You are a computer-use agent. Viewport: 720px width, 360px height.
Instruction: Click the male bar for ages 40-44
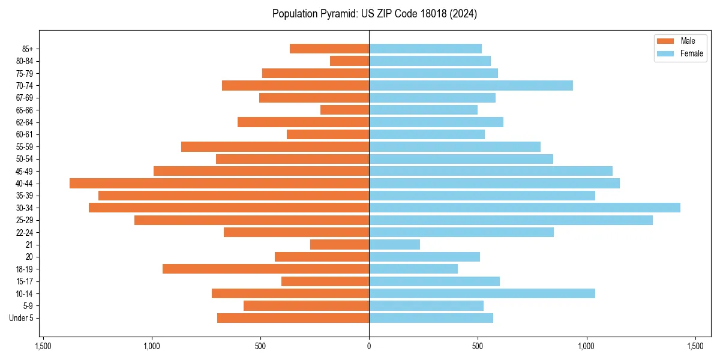click(219, 184)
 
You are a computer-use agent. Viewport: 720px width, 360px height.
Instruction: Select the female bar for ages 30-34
click(524, 208)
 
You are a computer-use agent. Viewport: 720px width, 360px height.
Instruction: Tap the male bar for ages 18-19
click(266, 269)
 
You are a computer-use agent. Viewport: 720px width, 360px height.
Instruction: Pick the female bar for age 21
click(394, 244)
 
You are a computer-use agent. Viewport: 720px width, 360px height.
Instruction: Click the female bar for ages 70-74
click(471, 85)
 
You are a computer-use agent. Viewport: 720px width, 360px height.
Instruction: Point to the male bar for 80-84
click(349, 61)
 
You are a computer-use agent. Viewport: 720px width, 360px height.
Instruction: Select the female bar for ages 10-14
click(482, 293)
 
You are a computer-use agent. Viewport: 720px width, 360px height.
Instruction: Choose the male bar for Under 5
click(293, 318)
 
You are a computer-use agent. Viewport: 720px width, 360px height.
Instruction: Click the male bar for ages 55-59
click(275, 146)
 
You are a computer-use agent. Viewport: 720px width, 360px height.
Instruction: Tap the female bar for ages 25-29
click(511, 220)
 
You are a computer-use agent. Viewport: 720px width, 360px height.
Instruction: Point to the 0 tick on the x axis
click(369, 347)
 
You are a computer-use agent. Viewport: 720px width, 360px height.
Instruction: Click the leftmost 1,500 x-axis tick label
click(43, 347)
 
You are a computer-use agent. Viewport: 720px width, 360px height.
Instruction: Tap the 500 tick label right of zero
click(478, 347)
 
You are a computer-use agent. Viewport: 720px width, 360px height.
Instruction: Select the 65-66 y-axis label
click(25, 110)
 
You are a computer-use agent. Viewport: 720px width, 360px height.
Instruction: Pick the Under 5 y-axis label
click(21, 318)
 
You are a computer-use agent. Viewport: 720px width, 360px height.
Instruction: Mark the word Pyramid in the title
click(334, 14)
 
